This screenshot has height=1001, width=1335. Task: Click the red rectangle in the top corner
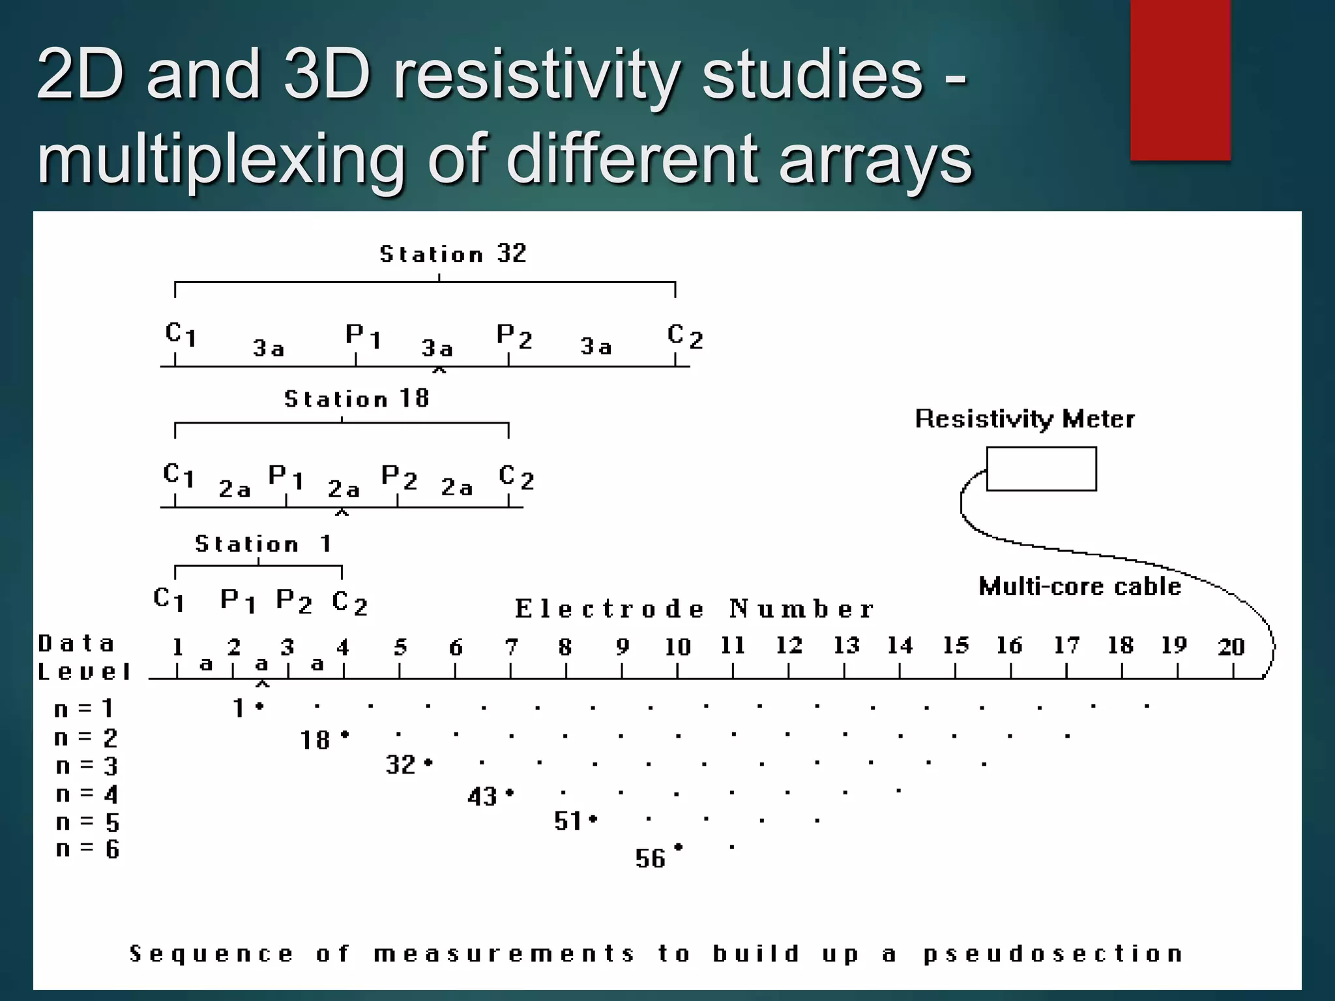tap(1180, 80)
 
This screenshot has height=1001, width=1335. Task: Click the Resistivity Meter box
tap(1041, 469)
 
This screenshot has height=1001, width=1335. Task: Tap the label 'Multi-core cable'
tap(1079, 587)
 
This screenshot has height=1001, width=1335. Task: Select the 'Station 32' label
tap(453, 254)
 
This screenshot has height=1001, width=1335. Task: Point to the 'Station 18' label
tap(357, 398)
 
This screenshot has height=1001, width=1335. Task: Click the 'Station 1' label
tap(263, 544)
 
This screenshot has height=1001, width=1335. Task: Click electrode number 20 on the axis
tap(1231, 646)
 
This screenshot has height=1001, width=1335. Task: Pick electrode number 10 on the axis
tap(677, 646)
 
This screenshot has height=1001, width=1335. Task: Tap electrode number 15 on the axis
tap(956, 645)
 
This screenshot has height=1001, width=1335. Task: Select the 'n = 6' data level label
tap(87, 849)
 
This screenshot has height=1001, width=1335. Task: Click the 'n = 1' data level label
tap(84, 708)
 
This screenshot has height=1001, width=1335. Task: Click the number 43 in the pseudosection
tap(482, 796)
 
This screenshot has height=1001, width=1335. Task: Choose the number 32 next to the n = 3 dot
tap(400, 765)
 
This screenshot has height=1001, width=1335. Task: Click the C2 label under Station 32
tap(684, 336)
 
